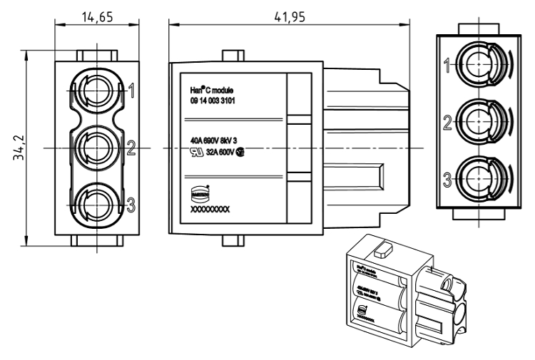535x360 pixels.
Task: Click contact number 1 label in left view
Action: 131,91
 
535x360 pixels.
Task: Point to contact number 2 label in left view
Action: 131,148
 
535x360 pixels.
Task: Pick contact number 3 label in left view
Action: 131,205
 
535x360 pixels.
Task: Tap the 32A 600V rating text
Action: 220,151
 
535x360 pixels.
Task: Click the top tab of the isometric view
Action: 383,251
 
